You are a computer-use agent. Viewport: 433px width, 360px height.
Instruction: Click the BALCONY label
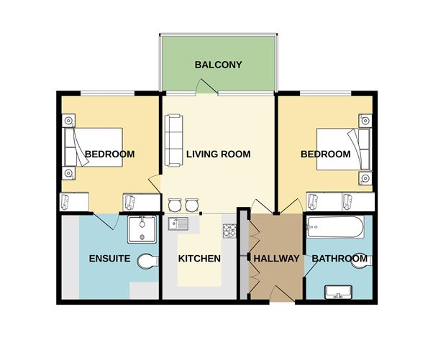click(x=218, y=65)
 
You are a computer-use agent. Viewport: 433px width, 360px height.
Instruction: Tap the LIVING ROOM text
click(x=218, y=154)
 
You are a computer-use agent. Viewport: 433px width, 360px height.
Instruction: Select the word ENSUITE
click(x=109, y=259)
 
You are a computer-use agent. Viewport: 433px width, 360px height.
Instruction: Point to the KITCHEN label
click(x=199, y=259)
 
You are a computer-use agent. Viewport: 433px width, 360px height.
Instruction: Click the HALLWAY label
click(x=276, y=259)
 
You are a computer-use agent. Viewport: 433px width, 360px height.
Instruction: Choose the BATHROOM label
click(x=339, y=259)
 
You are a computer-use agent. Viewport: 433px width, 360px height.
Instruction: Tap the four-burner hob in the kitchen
click(x=229, y=231)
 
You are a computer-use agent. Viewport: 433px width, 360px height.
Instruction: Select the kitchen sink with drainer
click(x=178, y=224)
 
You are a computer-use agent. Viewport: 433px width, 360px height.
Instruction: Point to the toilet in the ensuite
click(x=148, y=260)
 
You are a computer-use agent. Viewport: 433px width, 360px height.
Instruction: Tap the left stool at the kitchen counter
click(x=174, y=206)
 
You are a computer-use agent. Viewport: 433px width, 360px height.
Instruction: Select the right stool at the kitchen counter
click(x=190, y=206)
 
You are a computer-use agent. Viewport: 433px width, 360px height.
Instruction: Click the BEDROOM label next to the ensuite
click(x=109, y=154)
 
